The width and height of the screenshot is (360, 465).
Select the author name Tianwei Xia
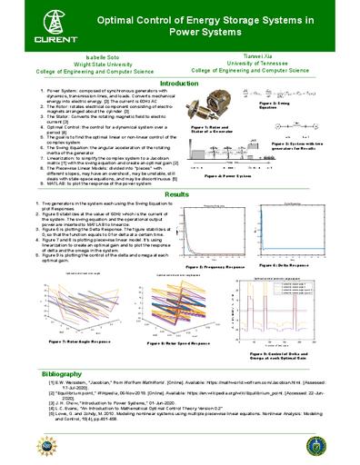265,55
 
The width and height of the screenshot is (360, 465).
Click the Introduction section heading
179,83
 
